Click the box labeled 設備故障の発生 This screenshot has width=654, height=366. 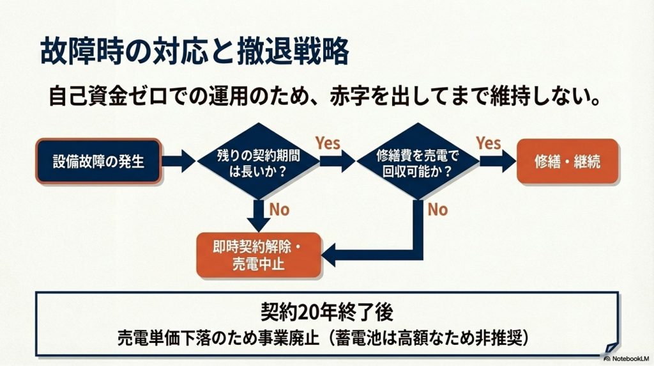98,161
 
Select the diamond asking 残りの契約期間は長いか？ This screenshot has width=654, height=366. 257,161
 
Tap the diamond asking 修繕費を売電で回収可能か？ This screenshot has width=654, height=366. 417,161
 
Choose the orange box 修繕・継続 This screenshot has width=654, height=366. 567,161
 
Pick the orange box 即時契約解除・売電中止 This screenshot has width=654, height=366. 258,255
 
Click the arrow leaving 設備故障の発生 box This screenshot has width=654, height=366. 178,161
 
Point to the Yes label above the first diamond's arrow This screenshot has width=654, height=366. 328,143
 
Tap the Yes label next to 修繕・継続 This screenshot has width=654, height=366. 489,143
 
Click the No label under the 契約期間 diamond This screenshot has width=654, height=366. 279,209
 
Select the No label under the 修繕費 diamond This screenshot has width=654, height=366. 437,209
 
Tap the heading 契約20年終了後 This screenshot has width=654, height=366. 326,312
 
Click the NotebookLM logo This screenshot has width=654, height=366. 625,358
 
